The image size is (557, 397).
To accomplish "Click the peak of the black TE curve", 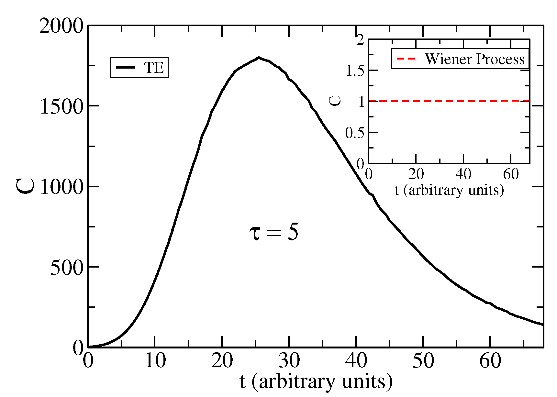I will pos(259,58).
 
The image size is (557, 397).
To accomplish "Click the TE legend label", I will pos(154,68).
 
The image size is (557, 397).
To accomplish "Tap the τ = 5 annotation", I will pos(274,232).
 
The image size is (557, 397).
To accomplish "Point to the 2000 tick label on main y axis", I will pos(61,26).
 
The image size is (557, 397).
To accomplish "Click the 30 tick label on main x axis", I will pos(289,360).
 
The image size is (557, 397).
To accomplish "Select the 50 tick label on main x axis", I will pos(423,360).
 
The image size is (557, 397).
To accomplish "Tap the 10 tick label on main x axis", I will pos(155,360).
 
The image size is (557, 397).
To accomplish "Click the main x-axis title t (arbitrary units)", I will pos(316,382).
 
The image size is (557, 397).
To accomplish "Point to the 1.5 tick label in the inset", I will pos(355,71).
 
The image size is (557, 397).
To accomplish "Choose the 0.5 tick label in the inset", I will pos(355,133).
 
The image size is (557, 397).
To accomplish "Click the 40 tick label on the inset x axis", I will pos(463,174).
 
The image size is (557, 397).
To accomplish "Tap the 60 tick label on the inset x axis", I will pos(511,174).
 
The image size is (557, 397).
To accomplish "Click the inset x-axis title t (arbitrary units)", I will pos(449,190).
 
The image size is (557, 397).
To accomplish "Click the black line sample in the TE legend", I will pos(126,67).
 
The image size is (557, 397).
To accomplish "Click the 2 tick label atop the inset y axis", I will pos(360,40).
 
